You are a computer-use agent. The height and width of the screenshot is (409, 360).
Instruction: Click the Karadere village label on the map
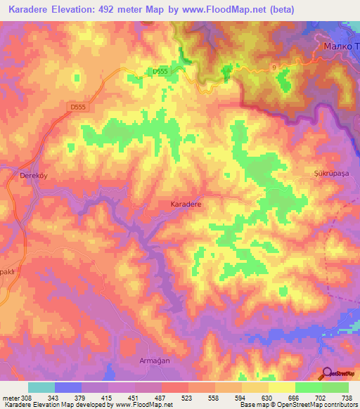186,204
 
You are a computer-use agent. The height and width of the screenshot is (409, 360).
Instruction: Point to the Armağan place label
154,360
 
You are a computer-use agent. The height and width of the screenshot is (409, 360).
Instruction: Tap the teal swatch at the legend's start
41,387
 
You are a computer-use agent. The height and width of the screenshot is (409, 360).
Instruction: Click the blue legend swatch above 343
68,387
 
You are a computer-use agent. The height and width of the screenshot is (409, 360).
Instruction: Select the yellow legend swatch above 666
281,387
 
